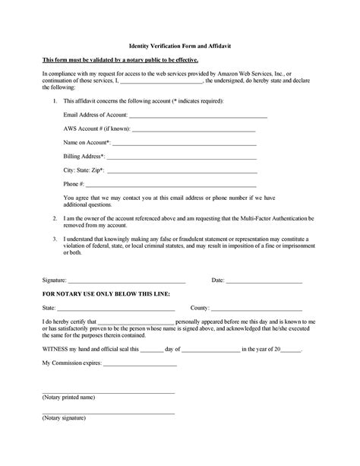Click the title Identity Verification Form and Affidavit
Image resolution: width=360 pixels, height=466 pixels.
(180, 46)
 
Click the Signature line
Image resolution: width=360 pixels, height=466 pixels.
(127, 281)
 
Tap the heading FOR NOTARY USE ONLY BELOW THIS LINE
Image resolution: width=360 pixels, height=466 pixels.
(106, 293)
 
